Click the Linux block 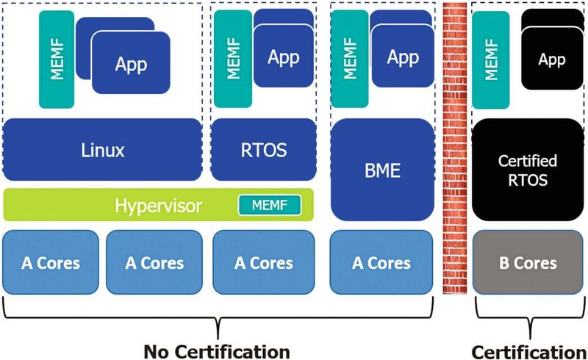pyautogui.click(x=102, y=151)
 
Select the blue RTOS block pyautogui.click(x=263, y=151)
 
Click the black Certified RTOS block pyautogui.click(x=527, y=170)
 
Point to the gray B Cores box pyautogui.click(x=527, y=262)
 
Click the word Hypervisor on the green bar pyautogui.click(x=158, y=205)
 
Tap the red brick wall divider pyautogui.click(x=455, y=147)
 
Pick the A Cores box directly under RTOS pyautogui.click(x=263, y=262)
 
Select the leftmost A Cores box pyautogui.click(x=50, y=262)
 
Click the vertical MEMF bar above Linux pyautogui.click(x=57, y=58)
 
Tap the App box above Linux pyautogui.click(x=131, y=64)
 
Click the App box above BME pyautogui.click(x=402, y=57)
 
